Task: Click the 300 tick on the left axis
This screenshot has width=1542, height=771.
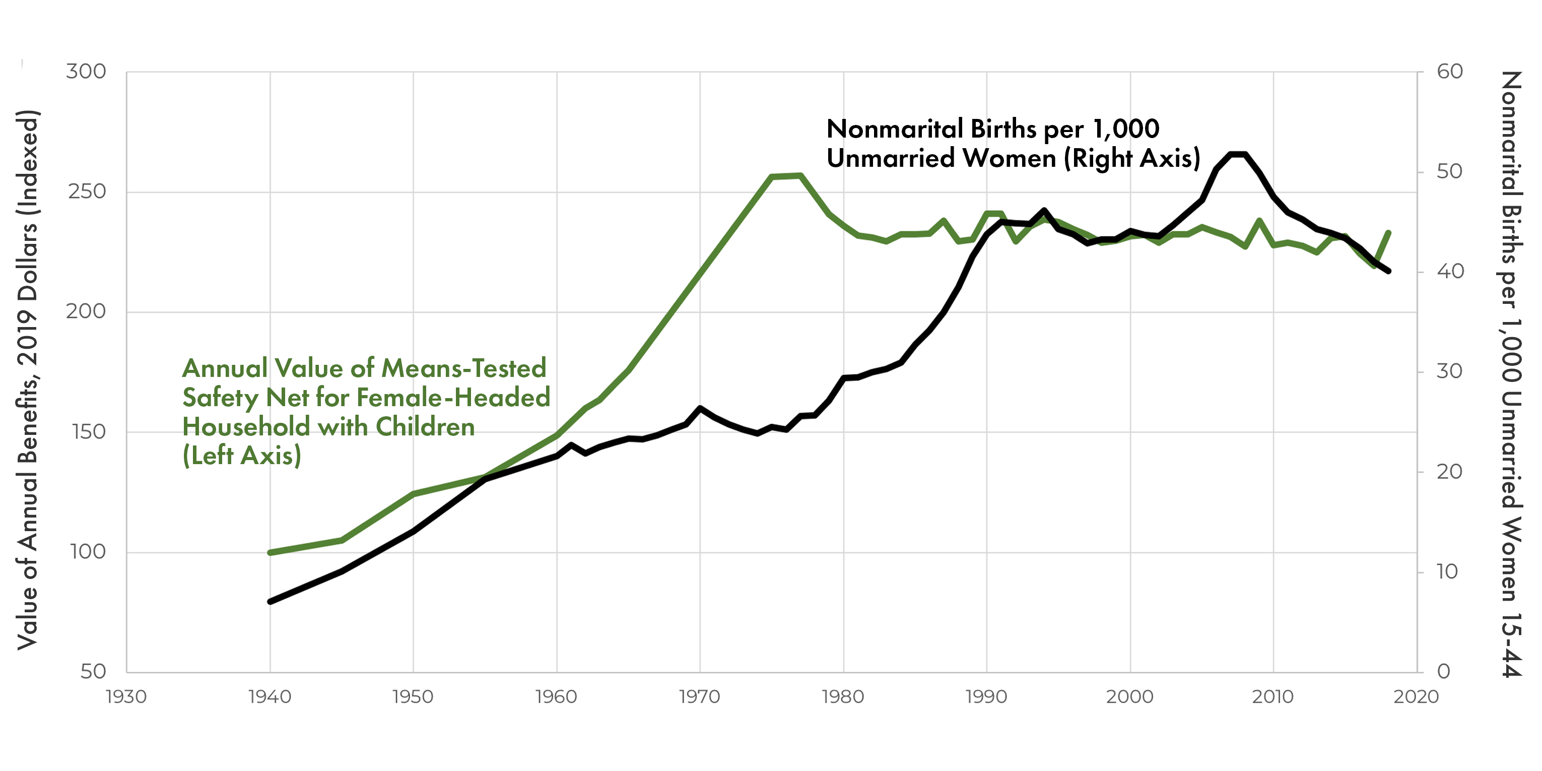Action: tap(86, 72)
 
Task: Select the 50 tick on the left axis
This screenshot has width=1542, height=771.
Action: tap(93, 672)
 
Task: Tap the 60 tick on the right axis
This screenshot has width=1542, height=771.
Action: tap(1449, 72)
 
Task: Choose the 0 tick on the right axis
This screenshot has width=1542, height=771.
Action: tap(1443, 672)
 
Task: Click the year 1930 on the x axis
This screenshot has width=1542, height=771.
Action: tap(126, 697)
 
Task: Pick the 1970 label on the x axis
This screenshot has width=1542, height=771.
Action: tap(699, 697)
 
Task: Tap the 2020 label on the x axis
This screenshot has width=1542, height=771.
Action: tap(1416, 697)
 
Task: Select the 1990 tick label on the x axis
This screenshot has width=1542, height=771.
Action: tap(986, 697)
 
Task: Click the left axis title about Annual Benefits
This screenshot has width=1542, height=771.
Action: tap(28, 380)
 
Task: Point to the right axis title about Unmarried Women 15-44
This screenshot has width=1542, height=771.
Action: tap(1511, 374)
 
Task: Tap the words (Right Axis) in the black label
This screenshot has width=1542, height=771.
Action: tap(1132, 159)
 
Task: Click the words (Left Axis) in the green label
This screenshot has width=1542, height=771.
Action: tap(242, 456)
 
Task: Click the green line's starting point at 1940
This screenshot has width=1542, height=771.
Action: tap(270, 552)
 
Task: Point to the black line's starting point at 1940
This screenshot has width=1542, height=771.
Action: tap(270, 601)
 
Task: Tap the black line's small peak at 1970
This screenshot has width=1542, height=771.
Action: tap(700, 408)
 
